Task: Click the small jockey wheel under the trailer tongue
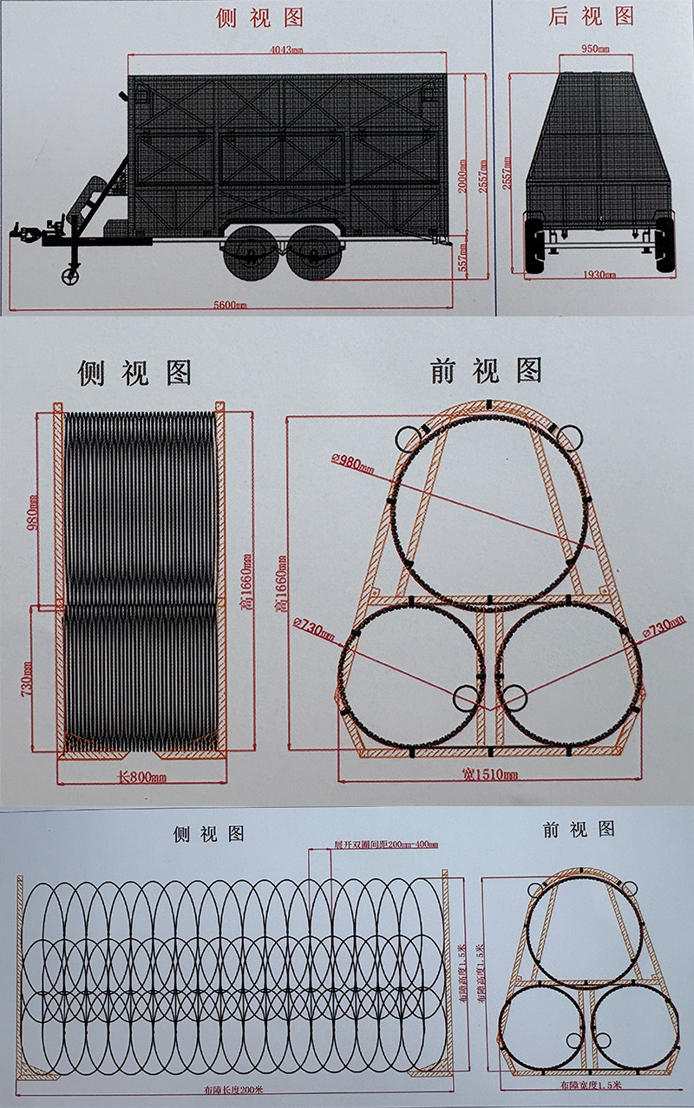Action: point(67,277)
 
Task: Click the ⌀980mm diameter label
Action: point(351,461)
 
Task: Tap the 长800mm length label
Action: point(141,777)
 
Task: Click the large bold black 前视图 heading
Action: point(487,370)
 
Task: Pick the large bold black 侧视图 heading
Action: point(134,372)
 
